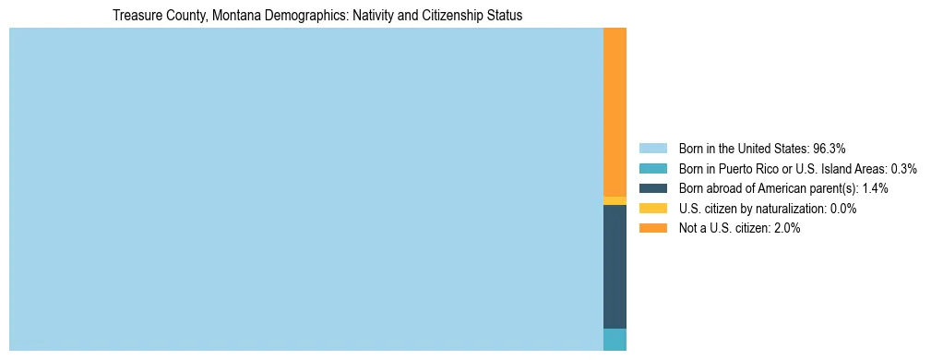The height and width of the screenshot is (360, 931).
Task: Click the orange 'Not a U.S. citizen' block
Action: point(615,111)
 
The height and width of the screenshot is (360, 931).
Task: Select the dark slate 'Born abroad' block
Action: point(615,266)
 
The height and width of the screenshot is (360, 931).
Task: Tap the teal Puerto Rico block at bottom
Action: point(615,339)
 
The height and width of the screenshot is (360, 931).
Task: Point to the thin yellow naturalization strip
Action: point(615,200)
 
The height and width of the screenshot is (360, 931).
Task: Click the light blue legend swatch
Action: point(652,149)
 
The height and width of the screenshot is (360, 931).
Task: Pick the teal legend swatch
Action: point(652,169)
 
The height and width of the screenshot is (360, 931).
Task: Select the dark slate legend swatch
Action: point(652,188)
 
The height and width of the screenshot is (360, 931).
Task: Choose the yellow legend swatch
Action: point(652,209)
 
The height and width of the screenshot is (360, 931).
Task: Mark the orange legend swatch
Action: point(652,229)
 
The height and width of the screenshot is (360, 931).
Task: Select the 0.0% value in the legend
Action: point(843,209)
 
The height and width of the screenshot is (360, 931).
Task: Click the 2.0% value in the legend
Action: point(787,229)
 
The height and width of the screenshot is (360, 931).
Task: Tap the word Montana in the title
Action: point(225,16)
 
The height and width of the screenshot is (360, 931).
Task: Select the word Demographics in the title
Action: point(297,16)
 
